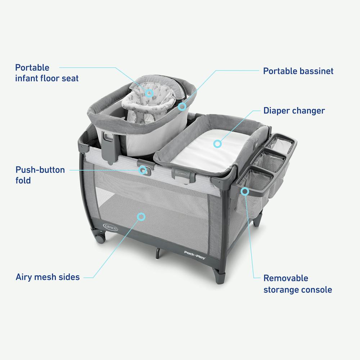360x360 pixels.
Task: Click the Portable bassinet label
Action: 298,71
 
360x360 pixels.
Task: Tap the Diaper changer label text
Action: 294,111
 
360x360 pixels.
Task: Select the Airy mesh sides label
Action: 48,277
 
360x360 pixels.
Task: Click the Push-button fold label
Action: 40,175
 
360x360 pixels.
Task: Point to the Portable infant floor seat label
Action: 46,73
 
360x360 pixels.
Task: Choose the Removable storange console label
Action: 297,284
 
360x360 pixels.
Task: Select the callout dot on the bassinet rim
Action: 182,107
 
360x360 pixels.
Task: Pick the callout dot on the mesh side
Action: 141,216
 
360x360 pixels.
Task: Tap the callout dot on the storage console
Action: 245,191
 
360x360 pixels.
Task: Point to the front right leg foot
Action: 220,279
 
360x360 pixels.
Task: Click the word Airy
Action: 24,277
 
